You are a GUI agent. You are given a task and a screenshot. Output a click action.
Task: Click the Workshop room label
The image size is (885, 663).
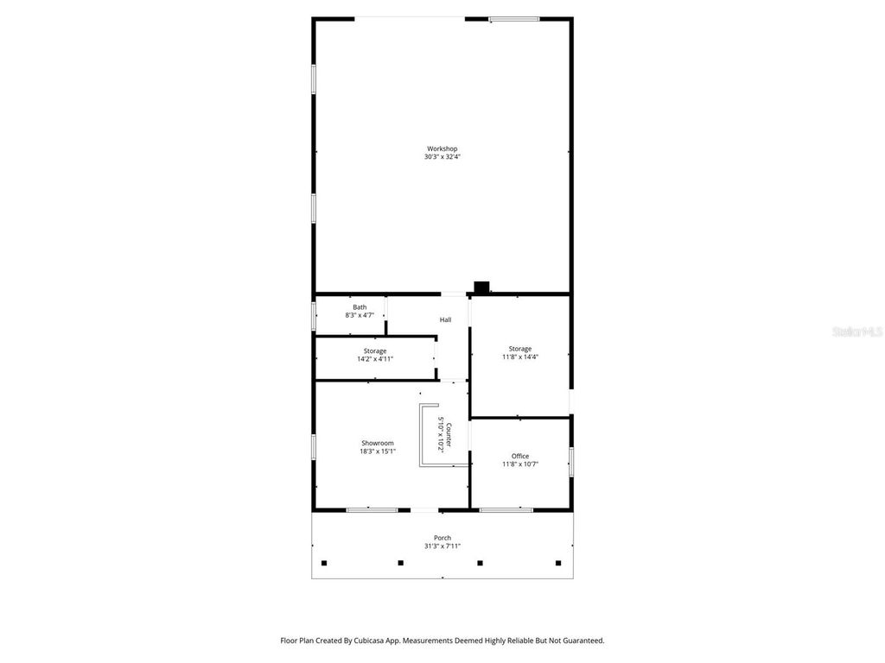click(x=442, y=148)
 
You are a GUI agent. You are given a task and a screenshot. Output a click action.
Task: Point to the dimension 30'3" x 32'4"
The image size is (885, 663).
click(x=442, y=157)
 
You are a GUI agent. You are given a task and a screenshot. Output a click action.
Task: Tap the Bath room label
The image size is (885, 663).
click(x=360, y=307)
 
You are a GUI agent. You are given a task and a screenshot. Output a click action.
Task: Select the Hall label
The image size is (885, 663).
click(x=445, y=320)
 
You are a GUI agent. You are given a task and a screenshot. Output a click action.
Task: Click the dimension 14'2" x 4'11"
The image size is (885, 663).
click(x=375, y=359)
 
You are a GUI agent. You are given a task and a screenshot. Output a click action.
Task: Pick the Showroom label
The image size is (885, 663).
click(x=378, y=443)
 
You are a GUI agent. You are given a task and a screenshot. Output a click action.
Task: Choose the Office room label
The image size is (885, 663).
click(x=520, y=456)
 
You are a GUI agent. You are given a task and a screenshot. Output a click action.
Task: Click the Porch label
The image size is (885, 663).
click(x=442, y=538)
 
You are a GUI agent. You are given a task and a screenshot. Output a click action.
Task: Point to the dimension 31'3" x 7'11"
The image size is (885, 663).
click(x=442, y=546)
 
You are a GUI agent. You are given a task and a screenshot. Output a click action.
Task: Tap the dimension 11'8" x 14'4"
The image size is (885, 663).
click(x=520, y=357)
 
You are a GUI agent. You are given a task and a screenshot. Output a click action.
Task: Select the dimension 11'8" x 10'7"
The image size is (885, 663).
click(x=520, y=464)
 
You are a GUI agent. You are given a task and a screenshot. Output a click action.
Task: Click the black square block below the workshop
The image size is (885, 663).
click(x=482, y=287)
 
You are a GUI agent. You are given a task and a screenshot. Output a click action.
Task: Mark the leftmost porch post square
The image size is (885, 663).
click(x=325, y=564)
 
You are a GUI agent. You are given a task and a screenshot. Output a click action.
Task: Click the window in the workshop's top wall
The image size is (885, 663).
click(x=514, y=18)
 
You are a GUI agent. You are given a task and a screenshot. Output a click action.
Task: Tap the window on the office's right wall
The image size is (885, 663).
click(x=571, y=461)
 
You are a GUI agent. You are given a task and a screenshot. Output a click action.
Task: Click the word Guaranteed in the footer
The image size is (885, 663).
click(x=581, y=641)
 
